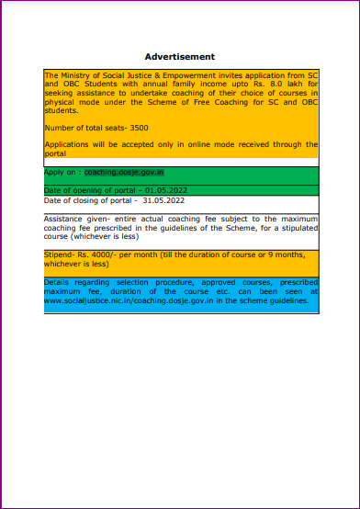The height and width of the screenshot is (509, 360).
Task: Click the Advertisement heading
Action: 180,57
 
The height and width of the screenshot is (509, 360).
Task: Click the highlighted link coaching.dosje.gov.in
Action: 124,172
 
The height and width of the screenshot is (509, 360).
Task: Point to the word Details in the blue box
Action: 56,281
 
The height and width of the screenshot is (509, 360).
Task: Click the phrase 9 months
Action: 292,254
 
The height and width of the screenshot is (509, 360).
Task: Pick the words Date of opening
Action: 71,190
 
